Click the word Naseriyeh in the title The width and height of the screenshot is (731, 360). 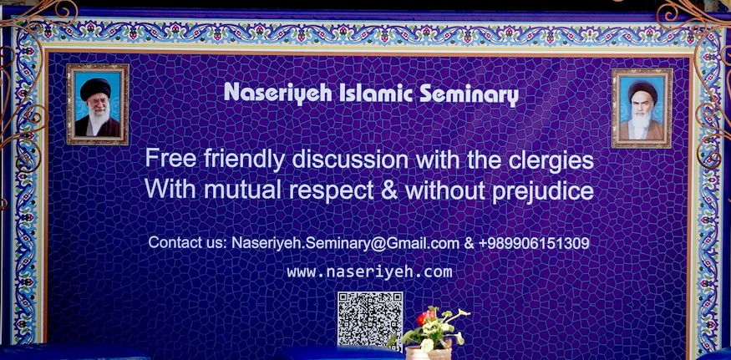pos(278,94)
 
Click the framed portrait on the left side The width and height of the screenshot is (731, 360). pos(98,104)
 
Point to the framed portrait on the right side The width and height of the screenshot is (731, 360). pos(642,109)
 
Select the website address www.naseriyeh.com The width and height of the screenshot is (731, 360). pos(369,271)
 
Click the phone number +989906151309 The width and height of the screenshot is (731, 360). pos(534,243)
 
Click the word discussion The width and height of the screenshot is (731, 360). pos(350,160)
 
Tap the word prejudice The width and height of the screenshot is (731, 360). pos(543,191)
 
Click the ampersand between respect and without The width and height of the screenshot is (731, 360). pos(388,190)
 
